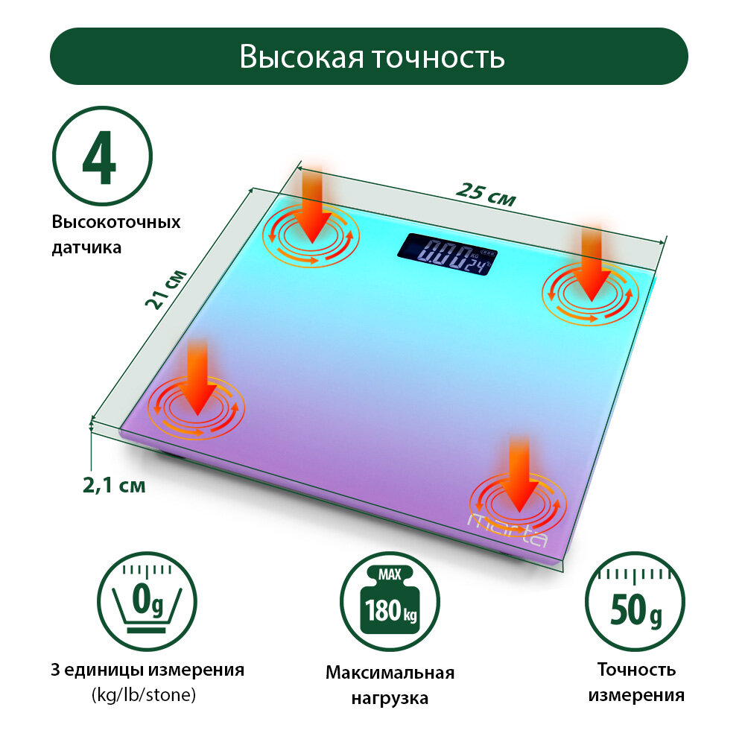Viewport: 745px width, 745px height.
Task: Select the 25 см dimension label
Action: pos(486,195)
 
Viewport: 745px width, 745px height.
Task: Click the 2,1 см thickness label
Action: pos(114,486)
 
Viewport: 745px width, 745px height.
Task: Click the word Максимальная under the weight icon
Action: pos(390,673)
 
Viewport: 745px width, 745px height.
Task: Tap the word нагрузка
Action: pos(390,699)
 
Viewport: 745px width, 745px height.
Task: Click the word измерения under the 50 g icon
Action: pos(636,696)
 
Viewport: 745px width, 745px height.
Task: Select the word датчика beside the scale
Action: pos(86,247)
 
